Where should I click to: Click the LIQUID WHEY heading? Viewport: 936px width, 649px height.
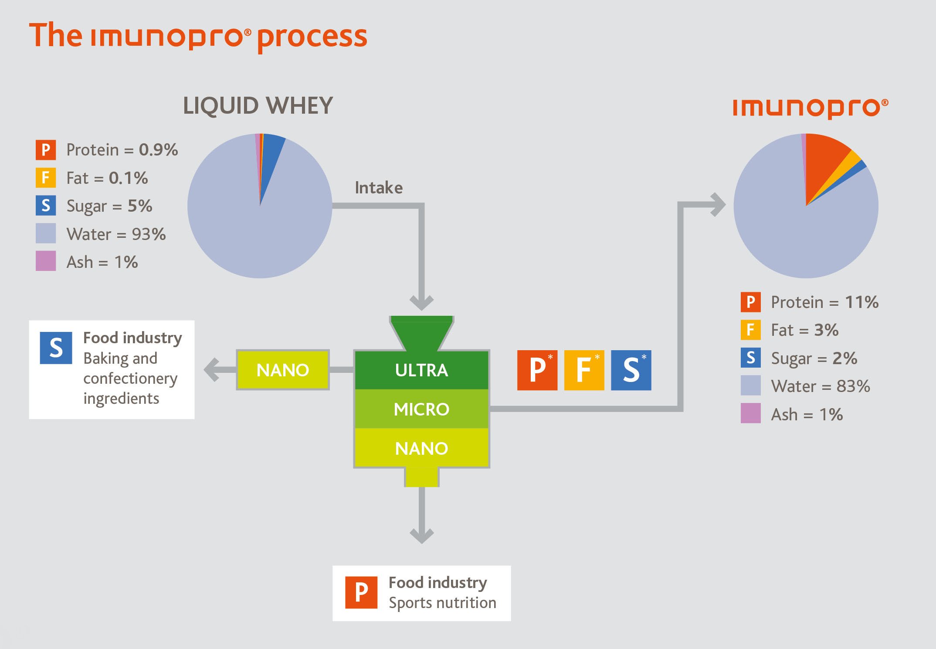point(258,106)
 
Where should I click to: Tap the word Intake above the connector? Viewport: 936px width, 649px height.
point(379,188)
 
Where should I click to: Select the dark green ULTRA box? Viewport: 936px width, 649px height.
point(421,370)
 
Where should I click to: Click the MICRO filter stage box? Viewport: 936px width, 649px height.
point(421,409)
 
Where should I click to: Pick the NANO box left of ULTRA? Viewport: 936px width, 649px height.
point(283,370)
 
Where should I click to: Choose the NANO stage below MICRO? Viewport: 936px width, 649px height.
point(421,448)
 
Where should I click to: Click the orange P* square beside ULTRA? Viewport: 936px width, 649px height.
point(537,370)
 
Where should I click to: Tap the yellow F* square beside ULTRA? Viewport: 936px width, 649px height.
point(584,370)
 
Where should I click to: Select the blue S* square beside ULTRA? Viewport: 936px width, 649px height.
point(631,370)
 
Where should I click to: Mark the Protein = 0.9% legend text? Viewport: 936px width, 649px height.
point(122,150)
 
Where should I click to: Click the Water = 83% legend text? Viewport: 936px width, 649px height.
point(820,386)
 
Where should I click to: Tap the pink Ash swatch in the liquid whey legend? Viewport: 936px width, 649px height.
point(46,261)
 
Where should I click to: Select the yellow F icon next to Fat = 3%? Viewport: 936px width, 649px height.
point(750,330)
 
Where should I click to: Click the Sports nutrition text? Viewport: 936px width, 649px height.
point(442,603)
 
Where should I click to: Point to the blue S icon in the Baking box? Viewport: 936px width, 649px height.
point(56,348)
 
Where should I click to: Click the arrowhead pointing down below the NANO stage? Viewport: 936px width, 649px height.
point(421,535)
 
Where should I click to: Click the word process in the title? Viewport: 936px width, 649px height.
point(312,37)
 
